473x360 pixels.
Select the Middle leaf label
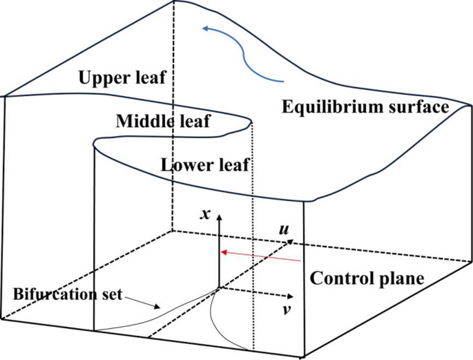(x=163, y=122)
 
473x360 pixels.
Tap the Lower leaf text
(x=204, y=165)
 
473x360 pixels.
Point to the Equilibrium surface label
(x=365, y=107)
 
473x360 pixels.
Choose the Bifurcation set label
(x=67, y=294)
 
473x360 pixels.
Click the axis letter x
(x=204, y=214)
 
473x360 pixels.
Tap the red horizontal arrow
(x=260, y=256)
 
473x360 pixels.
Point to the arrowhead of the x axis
(x=219, y=218)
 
